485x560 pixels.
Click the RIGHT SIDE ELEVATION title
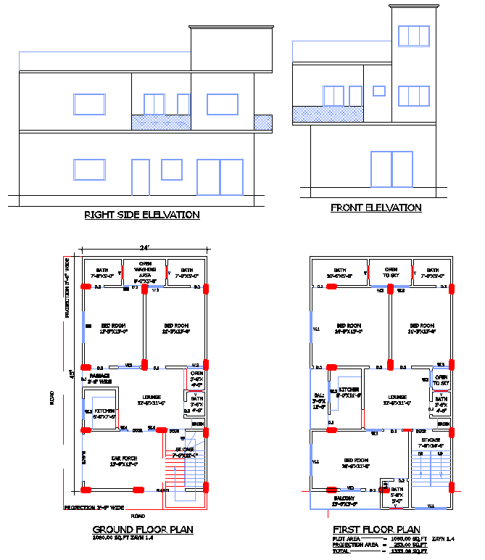coord(142,215)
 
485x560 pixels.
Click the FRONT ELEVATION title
coord(376,207)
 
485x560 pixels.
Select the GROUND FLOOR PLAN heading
coord(143,530)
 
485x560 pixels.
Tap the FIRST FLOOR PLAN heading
coord(376,530)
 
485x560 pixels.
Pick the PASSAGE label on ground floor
coord(99,377)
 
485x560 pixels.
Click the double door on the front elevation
coord(391,169)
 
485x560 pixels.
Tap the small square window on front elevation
coord(378,91)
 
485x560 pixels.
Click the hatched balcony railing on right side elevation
coord(202,123)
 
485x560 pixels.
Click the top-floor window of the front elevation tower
coord(414,36)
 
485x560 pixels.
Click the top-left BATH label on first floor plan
coord(339,273)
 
